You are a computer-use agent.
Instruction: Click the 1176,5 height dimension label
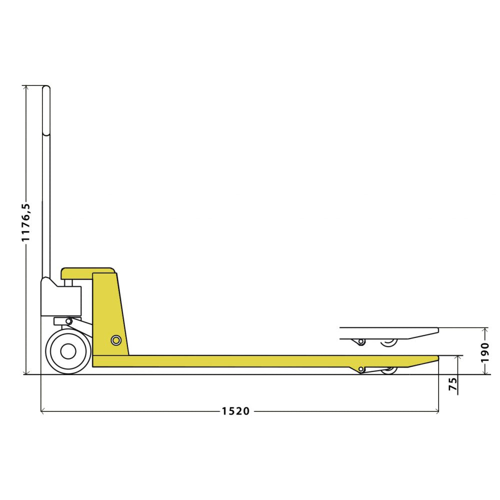[x=26, y=222]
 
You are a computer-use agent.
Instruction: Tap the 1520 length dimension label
[x=235, y=411]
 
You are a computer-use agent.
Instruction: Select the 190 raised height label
[x=484, y=352]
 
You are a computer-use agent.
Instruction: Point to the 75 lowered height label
[x=453, y=384]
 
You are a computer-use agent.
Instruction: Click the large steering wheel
[x=68, y=351]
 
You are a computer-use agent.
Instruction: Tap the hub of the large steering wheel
[x=68, y=351]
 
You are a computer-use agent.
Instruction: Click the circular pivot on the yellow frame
[x=116, y=340]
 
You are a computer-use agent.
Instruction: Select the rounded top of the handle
[x=46, y=89]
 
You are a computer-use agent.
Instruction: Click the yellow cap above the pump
[x=88, y=273]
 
